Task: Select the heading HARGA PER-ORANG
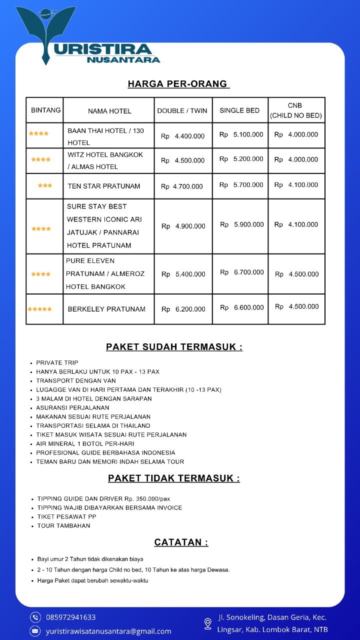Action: pyautogui.click(x=178, y=84)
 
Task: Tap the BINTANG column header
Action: pyautogui.click(x=45, y=110)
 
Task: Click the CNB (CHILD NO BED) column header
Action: pyautogui.click(x=296, y=110)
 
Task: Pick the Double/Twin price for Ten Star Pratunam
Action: pyautogui.click(x=182, y=186)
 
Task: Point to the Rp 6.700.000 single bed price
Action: pyautogui.click(x=242, y=272)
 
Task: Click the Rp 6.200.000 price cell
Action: pyautogui.click(x=183, y=309)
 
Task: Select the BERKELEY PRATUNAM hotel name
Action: pyautogui.click(x=106, y=309)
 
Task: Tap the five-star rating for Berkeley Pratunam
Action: pyautogui.click(x=39, y=309)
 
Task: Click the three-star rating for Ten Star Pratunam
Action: pyautogui.click(x=44, y=185)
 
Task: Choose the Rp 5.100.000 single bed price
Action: pyautogui.click(x=241, y=134)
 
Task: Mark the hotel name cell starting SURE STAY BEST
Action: pyautogui.click(x=104, y=226)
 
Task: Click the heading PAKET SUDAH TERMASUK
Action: pyautogui.click(x=174, y=347)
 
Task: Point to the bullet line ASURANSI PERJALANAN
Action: pyautogui.click(x=72, y=407)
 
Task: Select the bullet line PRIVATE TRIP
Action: pyautogui.click(x=57, y=362)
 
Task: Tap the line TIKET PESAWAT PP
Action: pyautogui.click(x=66, y=516)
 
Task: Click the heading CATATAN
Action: pyautogui.click(x=181, y=542)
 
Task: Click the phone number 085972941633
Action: pyautogui.click(x=70, y=617)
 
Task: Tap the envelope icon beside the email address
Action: pyautogui.click(x=35, y=631)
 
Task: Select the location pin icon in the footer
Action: pyautogui.click(x=208, y=623)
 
